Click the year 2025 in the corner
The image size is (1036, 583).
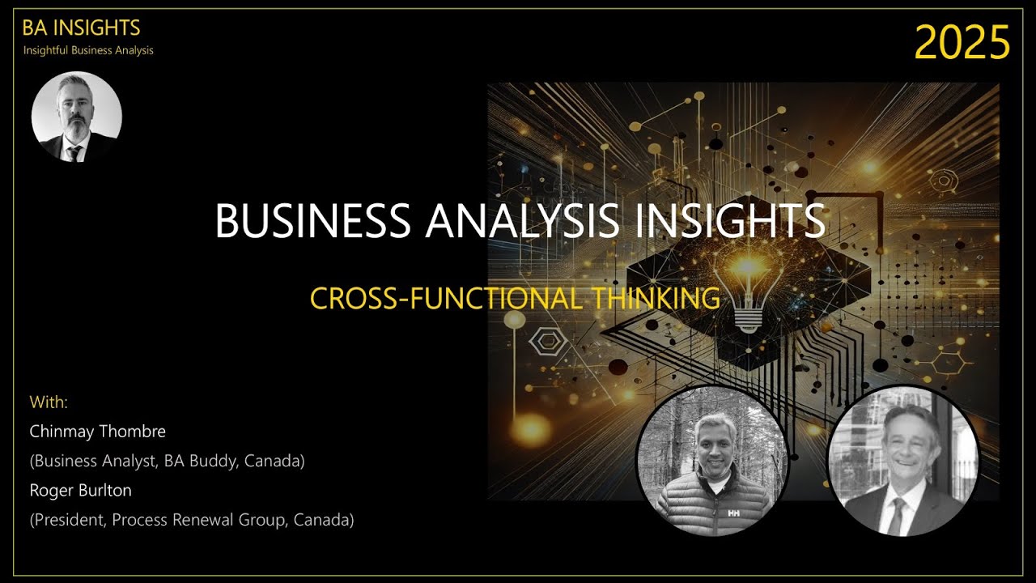click(962, 42)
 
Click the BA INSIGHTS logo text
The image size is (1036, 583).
click(81, 28)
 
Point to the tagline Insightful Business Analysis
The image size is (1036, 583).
click(88, 50)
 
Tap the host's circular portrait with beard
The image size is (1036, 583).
click(76, 117)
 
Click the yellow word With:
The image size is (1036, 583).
click(49, 402)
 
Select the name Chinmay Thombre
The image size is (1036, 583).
click(97, 431)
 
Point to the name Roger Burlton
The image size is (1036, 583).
click(80, 491)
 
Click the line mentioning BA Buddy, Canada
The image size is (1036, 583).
click(167, 461)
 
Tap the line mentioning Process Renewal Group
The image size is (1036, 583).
click(192, 520)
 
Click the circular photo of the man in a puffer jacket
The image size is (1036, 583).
click(712, 462)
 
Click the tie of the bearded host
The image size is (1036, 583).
click(74, 153)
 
